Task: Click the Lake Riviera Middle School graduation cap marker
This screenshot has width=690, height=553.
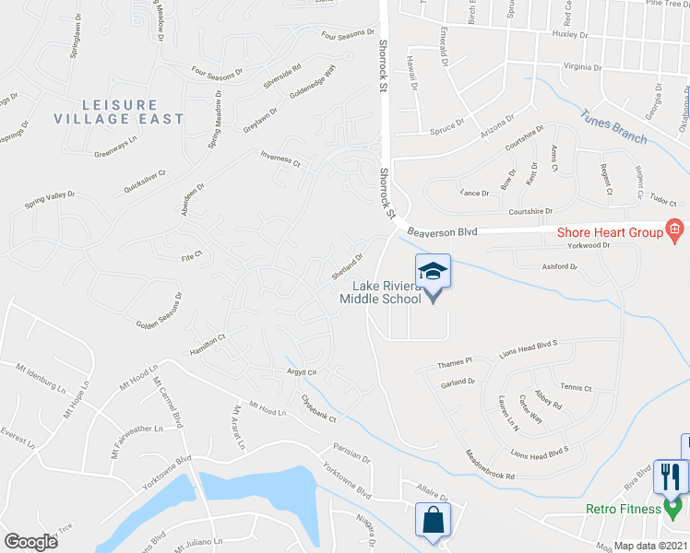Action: coord(433,272)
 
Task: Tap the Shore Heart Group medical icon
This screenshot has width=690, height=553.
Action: coord(674,229)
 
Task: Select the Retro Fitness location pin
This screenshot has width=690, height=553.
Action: coord(673,507)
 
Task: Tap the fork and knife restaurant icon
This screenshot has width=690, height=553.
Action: coord(669,476)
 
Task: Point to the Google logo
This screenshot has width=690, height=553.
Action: coord(30,541)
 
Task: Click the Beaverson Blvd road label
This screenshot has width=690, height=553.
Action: coord(442,233)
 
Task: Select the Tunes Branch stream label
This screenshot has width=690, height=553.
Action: coord(613,126)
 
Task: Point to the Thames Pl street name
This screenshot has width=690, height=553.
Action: coord(456,361)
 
